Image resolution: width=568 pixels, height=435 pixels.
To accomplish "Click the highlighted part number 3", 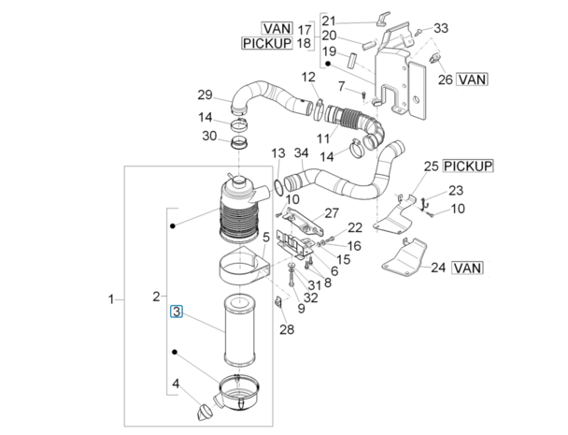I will tap(175, 313).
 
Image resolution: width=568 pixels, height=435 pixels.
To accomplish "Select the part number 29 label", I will tap(205, 94).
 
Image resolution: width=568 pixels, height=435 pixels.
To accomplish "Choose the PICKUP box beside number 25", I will tap(467, 166).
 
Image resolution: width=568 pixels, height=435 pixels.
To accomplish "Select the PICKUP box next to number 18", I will tap(266, 44).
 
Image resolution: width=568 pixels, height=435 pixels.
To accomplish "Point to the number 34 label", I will tap(300, 152).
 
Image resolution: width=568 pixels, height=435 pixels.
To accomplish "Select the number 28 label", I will tap(286, 328).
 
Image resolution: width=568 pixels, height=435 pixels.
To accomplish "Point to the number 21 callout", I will tap(328, 21).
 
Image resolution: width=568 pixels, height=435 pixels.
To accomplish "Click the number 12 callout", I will tap(308, 77).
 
